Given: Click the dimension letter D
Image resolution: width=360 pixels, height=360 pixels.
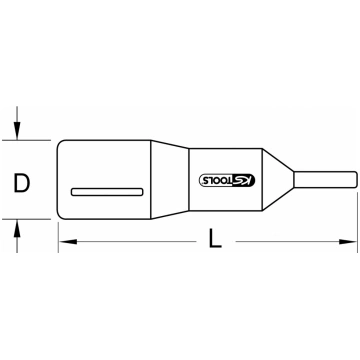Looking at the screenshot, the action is (22, 183).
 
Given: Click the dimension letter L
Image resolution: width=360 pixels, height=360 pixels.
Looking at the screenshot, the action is (215, 239).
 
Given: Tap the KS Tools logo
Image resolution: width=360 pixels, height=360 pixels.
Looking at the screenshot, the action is (227, 180).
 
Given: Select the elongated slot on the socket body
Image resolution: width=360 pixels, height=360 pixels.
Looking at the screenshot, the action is (107, 192).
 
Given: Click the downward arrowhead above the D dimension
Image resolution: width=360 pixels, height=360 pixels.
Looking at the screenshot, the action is (17, 130).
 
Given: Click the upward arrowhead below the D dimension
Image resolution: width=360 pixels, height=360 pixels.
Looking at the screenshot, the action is (17, 229).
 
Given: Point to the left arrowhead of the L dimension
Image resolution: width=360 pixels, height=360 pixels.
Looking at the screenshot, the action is (68, 242).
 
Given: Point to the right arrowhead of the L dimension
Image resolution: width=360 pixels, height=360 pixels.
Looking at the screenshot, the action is (348, 242).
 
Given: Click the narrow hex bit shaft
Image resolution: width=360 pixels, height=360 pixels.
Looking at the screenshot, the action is (326, 180).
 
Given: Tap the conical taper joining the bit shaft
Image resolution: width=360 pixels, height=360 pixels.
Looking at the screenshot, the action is (278, 180).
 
